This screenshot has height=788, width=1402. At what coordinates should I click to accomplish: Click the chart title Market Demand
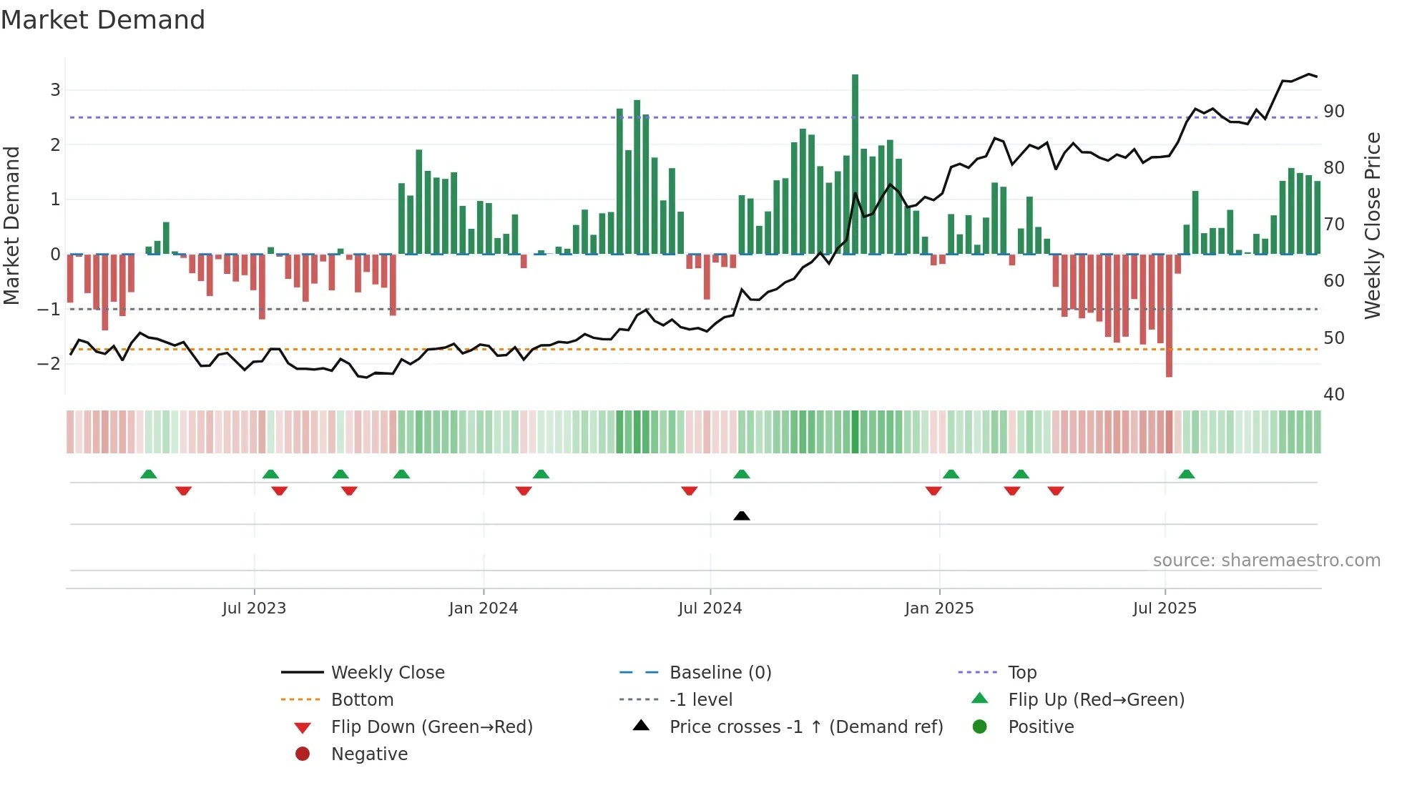click(x=103, y=20)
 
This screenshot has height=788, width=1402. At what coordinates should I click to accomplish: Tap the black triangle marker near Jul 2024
click(x=742, y=516)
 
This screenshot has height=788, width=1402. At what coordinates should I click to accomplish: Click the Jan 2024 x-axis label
click(x=483, y=609)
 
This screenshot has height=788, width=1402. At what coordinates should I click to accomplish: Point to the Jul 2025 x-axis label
click(x=1165, y=609)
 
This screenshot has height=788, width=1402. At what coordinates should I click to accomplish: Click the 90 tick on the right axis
click(x=1333, y=112)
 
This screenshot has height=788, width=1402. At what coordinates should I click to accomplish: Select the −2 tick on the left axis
click(x=49, y=363)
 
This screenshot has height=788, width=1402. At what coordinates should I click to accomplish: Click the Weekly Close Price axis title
click(x=1372, y=225)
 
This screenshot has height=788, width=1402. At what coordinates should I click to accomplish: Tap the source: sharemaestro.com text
click(x=1266, y=561)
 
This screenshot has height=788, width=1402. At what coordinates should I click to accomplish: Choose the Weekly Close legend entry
click(x=387, y=673)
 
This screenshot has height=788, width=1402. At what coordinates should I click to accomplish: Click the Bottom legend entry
click(x=362, y=700)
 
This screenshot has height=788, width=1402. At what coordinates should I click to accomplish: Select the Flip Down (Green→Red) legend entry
click(x=431, y=727)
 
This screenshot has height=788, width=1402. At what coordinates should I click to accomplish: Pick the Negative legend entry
click(x=369, y=754)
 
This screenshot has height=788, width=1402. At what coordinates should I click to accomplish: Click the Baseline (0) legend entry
click(x=720, y=673)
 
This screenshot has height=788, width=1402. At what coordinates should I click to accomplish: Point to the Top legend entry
click(x=1021, y=673)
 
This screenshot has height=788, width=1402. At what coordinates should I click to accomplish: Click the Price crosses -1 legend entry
click(x=805, y=727)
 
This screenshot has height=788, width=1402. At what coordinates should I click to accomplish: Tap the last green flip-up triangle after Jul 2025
click(x=1186, y=474)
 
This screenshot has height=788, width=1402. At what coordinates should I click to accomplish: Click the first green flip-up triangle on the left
click(x=148, y=474)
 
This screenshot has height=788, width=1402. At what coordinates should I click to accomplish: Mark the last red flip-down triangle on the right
click(x=1056, y=491)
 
